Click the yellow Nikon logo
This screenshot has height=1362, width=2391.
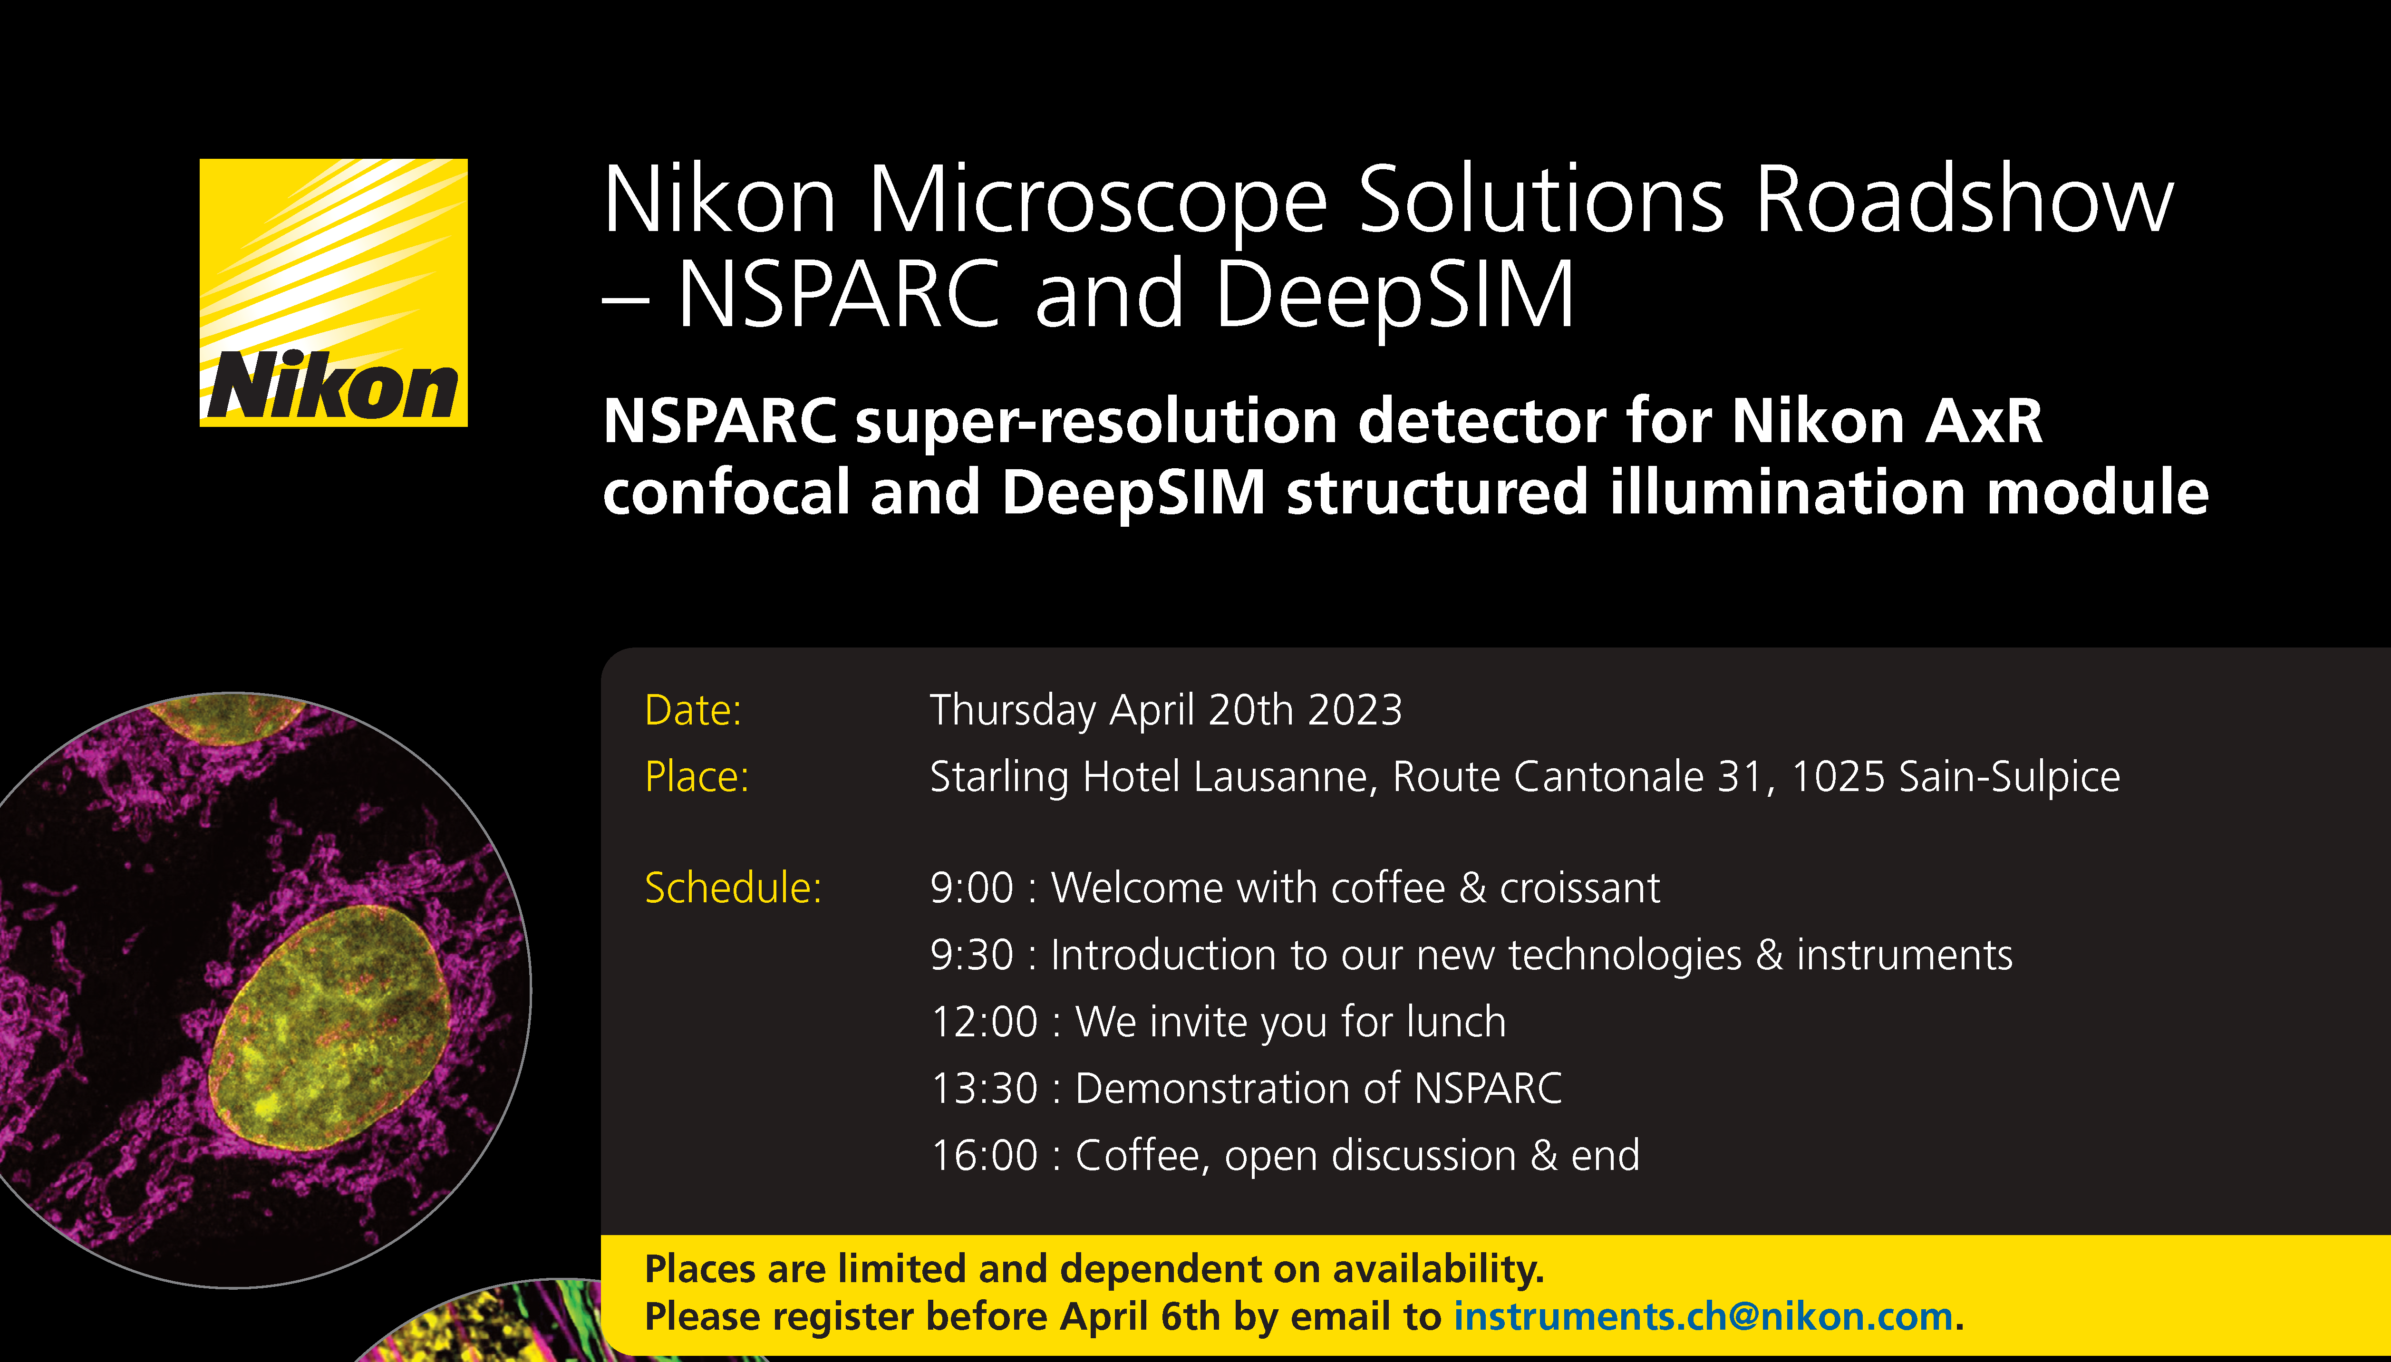(x=333, y=293)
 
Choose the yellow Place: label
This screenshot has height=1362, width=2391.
(x=697, y=776)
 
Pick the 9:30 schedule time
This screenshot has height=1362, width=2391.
(x=972, y=955)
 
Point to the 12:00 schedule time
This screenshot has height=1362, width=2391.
(x=984, y=1022)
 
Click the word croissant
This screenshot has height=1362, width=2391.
(x=1580, y=889)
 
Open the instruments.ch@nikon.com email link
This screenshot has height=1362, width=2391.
(x=1703, y=1317)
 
